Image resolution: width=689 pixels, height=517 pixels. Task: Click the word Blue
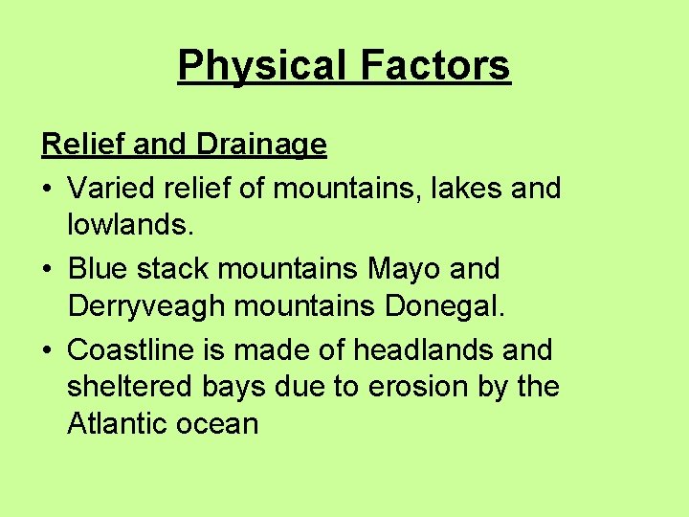pos(99,269)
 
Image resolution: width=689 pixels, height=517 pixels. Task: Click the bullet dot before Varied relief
pos(47,189)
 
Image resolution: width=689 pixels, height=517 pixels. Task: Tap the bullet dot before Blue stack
pos(47,270)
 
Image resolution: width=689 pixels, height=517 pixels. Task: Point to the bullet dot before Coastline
pos(47,351)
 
